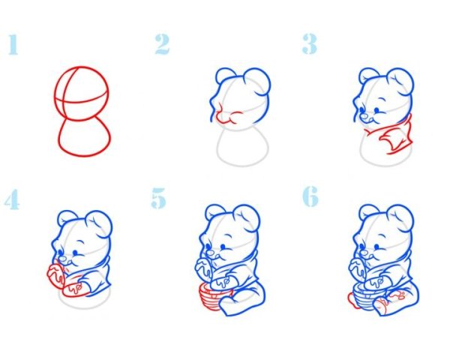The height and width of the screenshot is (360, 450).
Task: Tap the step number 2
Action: [163, 44]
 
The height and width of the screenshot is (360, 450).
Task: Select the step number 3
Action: [310, 44]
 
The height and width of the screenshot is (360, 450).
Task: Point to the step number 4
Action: [12, 199]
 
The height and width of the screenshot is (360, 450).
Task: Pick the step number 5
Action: [159, 198]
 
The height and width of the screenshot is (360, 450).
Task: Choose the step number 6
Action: [310, 196]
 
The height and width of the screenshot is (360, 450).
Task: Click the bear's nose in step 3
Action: [364, 117]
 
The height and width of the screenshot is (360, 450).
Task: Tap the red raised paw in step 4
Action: [55, 275]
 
